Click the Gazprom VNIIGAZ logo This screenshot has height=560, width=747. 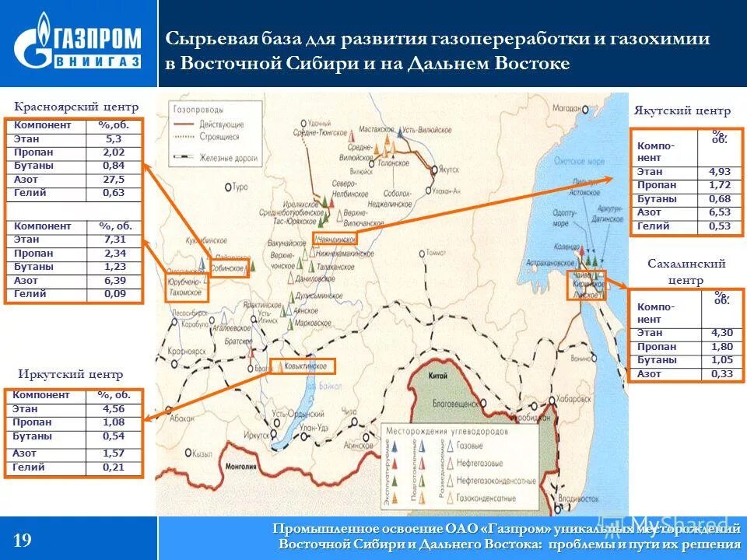click(79, 44)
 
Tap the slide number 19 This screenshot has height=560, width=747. click(23, 540)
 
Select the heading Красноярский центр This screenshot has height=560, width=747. click(76, 107)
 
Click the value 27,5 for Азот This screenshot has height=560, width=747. click(114, 179)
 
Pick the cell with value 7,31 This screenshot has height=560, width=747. click(114, 240)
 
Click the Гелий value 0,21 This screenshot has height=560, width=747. click(114, 467)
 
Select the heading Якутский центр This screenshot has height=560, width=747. click(682, 111)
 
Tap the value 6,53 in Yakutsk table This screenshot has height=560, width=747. click(720, 212)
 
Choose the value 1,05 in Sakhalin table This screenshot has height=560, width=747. click(720, 360)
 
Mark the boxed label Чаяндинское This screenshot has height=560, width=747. click(335, 239)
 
